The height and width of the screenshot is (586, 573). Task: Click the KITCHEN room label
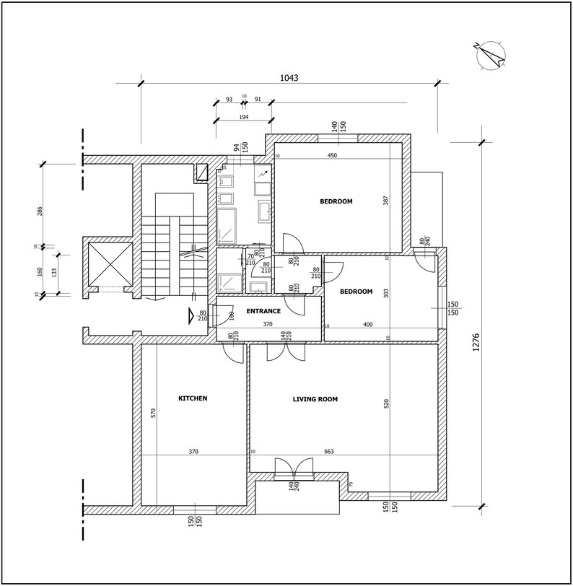[193, 398]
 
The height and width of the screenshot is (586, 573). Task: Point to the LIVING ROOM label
[315, 399]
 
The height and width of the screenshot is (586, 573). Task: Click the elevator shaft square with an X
[109, 265]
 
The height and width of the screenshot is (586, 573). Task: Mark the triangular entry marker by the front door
[191, 315]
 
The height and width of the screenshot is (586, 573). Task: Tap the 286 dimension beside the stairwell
[40, 211]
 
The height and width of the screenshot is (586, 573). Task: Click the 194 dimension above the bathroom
[243, 116]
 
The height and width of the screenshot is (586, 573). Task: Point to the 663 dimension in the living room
[329, 452]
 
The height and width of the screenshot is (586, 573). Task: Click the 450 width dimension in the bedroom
[332, 156]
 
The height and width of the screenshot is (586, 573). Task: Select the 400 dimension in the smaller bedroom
[368, 325]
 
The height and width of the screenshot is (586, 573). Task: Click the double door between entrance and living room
[286, 351]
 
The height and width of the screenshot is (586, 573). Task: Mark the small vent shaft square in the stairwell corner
[203, 172]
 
